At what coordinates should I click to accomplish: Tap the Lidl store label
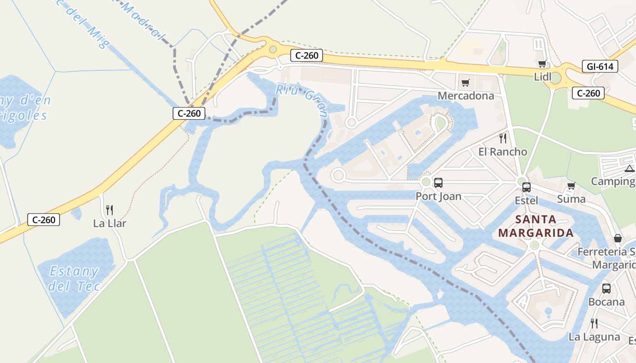pos(542,77)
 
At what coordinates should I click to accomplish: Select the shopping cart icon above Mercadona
pos(465,83)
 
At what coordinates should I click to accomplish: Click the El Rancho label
pos(502,152)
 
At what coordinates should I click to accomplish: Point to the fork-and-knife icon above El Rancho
pos(502,138)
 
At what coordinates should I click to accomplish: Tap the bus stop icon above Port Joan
pos(438,183)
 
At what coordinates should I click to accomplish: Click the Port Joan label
pos(438,196)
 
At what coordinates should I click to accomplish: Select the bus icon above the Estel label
pos(526,187)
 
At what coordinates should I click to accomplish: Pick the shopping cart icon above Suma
pos(571,186)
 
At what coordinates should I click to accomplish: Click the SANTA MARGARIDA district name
pos(536,226)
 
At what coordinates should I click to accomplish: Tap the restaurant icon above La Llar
pos(109,210)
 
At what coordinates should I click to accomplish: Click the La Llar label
pos(109,223)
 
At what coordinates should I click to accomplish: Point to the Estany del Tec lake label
pos(74,279)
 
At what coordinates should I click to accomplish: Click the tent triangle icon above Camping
pos(629,169)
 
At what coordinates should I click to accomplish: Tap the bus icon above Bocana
pos(606,288)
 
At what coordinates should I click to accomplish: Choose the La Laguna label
pos(594,337)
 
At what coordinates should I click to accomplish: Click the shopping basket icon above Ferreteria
pos(618,238)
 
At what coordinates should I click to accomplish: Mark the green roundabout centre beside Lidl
pos(555,78)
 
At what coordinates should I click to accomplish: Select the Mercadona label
pos(466,96)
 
